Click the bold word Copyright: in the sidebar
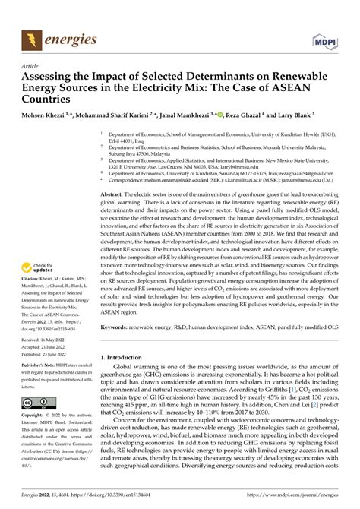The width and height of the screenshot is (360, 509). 38,416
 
